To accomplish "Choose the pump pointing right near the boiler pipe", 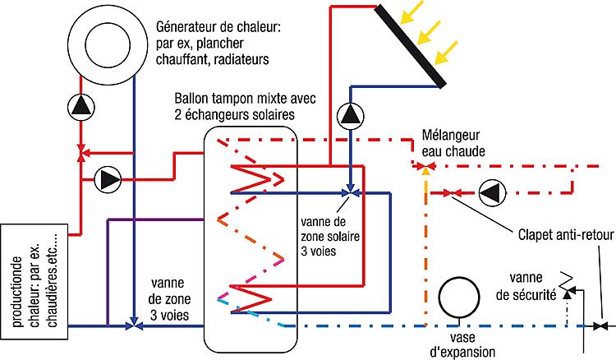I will pyautogui.click(x=106, y=178).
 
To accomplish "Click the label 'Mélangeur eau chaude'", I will pyautogui.click(x=453, y=141).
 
